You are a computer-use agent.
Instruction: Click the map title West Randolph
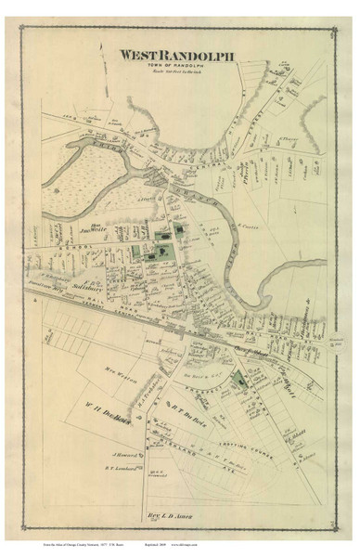[178, 56]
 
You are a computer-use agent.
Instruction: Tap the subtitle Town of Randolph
[178, 67]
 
